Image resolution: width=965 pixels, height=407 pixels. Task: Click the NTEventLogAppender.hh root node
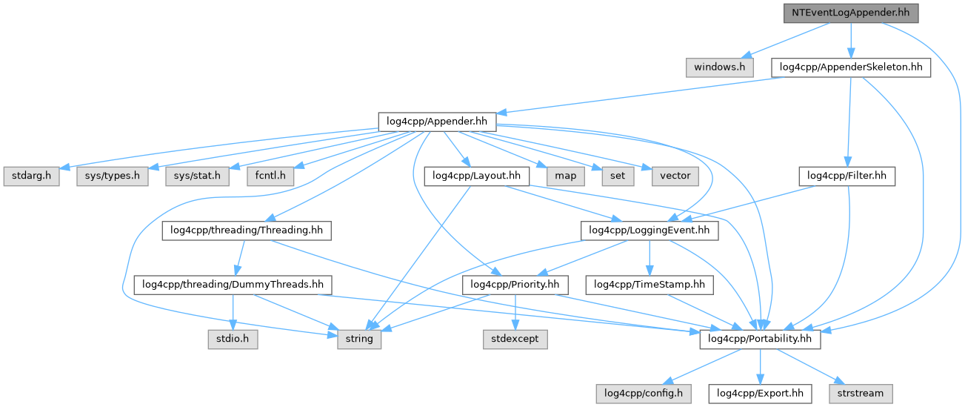(x=850, y=13)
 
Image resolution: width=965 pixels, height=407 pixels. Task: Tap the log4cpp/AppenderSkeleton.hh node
(x=851, y=67)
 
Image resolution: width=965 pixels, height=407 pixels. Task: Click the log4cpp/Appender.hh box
(x=437, y=122)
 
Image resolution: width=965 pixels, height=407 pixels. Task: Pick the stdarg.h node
(x=33, y=176)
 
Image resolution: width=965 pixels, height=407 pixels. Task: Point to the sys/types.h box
(x=112, y=176)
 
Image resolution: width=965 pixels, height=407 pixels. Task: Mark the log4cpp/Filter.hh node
(x=847, y=176)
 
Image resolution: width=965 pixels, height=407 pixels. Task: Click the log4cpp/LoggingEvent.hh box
(x=649, y=231)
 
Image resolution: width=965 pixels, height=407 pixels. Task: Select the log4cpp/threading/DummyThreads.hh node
(x=233, y=285)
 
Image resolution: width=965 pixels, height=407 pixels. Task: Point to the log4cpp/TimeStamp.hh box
(x=649, y=285)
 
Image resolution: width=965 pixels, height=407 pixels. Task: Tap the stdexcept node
(x=515, y=339)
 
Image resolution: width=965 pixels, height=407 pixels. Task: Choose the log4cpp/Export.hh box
(x=759, y=393)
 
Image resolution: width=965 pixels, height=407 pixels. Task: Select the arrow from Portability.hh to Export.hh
(x=759, y=366)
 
